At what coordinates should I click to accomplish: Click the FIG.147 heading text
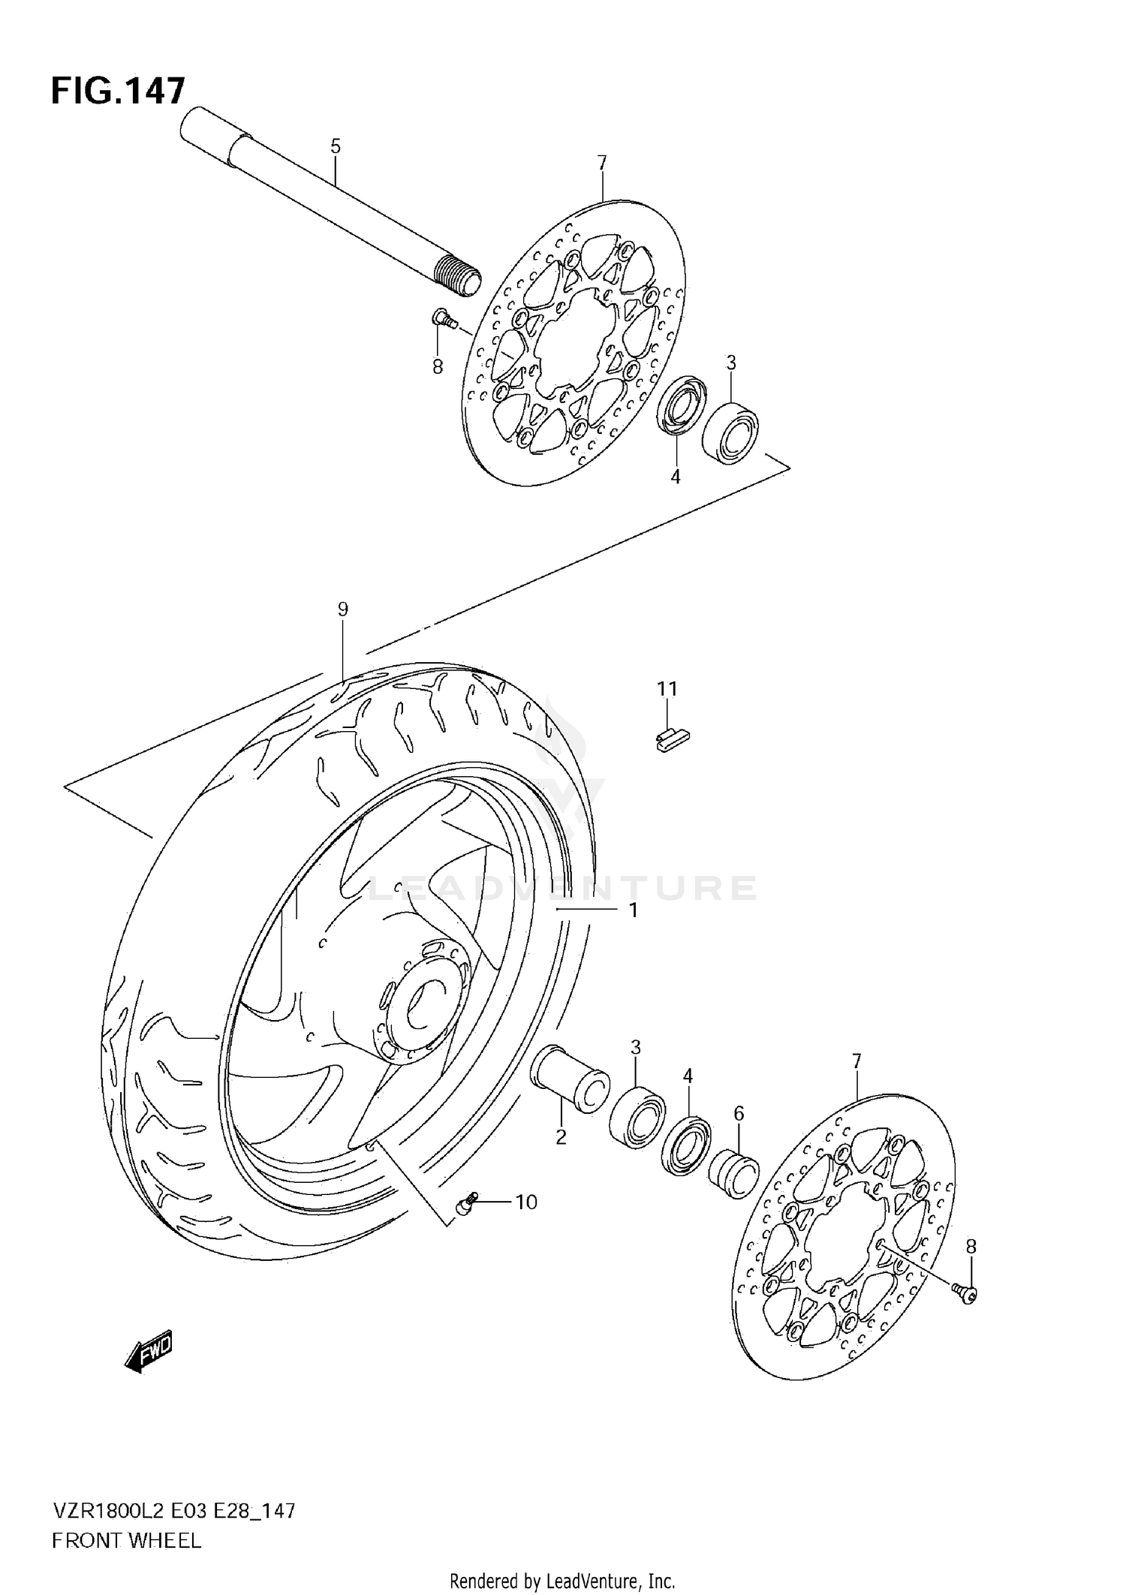click(x=118, y=91)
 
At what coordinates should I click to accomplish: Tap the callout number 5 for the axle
click(x=336, y=146)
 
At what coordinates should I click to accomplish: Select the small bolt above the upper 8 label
click(x=444, y=319)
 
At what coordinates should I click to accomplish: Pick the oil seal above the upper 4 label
click(x=679, y=407)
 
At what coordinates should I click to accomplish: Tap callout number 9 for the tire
click(x=343, y=609)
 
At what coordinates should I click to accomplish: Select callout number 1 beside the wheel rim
click(x=633, y=910)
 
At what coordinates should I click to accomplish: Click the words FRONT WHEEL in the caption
click(x=127, y=1541)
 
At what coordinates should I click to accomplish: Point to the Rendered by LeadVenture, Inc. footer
click(x=562, y=1581)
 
